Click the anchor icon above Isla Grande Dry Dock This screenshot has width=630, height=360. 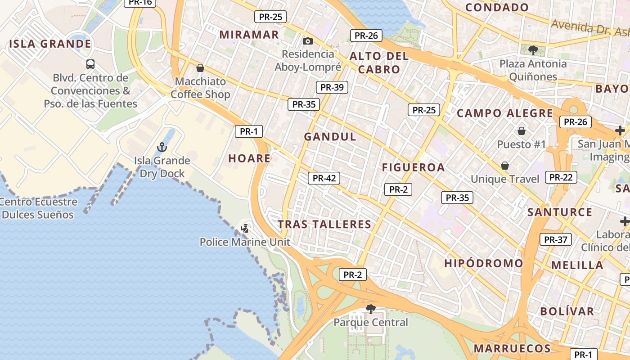tap(162, 147)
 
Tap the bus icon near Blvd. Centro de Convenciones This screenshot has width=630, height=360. tap(90, 64)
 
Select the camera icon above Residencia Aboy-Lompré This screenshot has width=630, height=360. tap(308, 41)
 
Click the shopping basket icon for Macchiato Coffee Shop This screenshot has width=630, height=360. tap(200, 68)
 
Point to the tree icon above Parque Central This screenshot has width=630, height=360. tap(371, 309)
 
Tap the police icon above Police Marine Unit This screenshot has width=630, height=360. tap(245, 229)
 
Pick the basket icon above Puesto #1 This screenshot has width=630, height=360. tap(522, 131)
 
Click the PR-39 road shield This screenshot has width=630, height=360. tap(332, 87)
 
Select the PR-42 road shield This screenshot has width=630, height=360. tap(324, 178)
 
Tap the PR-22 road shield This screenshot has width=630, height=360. tap(561, 177)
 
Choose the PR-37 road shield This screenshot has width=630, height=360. tap(555, 240)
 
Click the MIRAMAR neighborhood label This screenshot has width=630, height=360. tap(249, 35)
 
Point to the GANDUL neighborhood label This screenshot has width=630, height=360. tap(330, 137)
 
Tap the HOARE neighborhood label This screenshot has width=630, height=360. tap(249, 158)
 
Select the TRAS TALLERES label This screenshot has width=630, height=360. tap(324, 225)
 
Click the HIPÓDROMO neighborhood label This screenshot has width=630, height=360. tap(484, 263)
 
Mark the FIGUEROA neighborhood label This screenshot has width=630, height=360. tap(413, 168)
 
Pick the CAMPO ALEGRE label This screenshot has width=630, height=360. tap(505, 113)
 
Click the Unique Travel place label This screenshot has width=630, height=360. tap(505, 179)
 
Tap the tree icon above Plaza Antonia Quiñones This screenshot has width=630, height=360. tap(533, 50)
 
